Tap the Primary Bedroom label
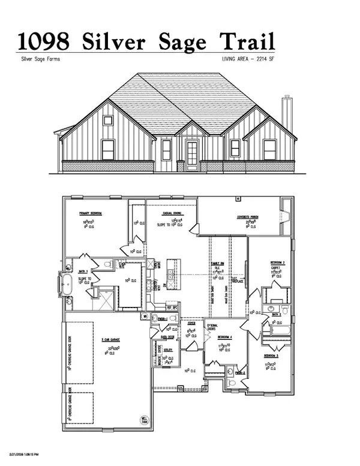(x=92, y=214)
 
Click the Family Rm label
(x=216, y=264)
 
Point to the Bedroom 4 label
(x=224, y=337)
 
